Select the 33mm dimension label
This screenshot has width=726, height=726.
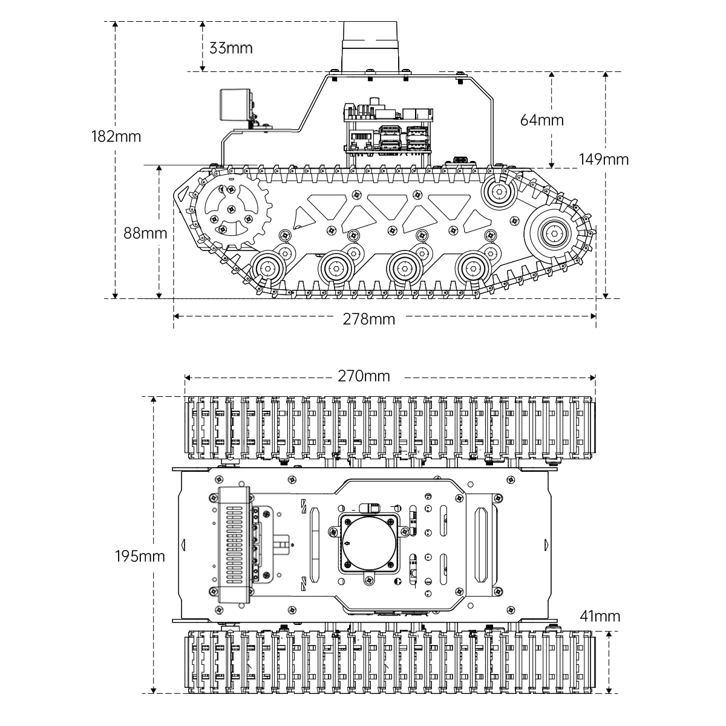pos(231,48)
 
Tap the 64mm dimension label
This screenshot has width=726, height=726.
pos(541,120)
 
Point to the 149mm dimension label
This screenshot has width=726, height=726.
pos(604,159)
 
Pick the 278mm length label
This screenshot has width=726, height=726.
pos(368,318)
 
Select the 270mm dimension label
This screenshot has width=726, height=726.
pos(364,376)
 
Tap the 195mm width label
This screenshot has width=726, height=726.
pos(140,556)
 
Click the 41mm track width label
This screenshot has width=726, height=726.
pos(600,616)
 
